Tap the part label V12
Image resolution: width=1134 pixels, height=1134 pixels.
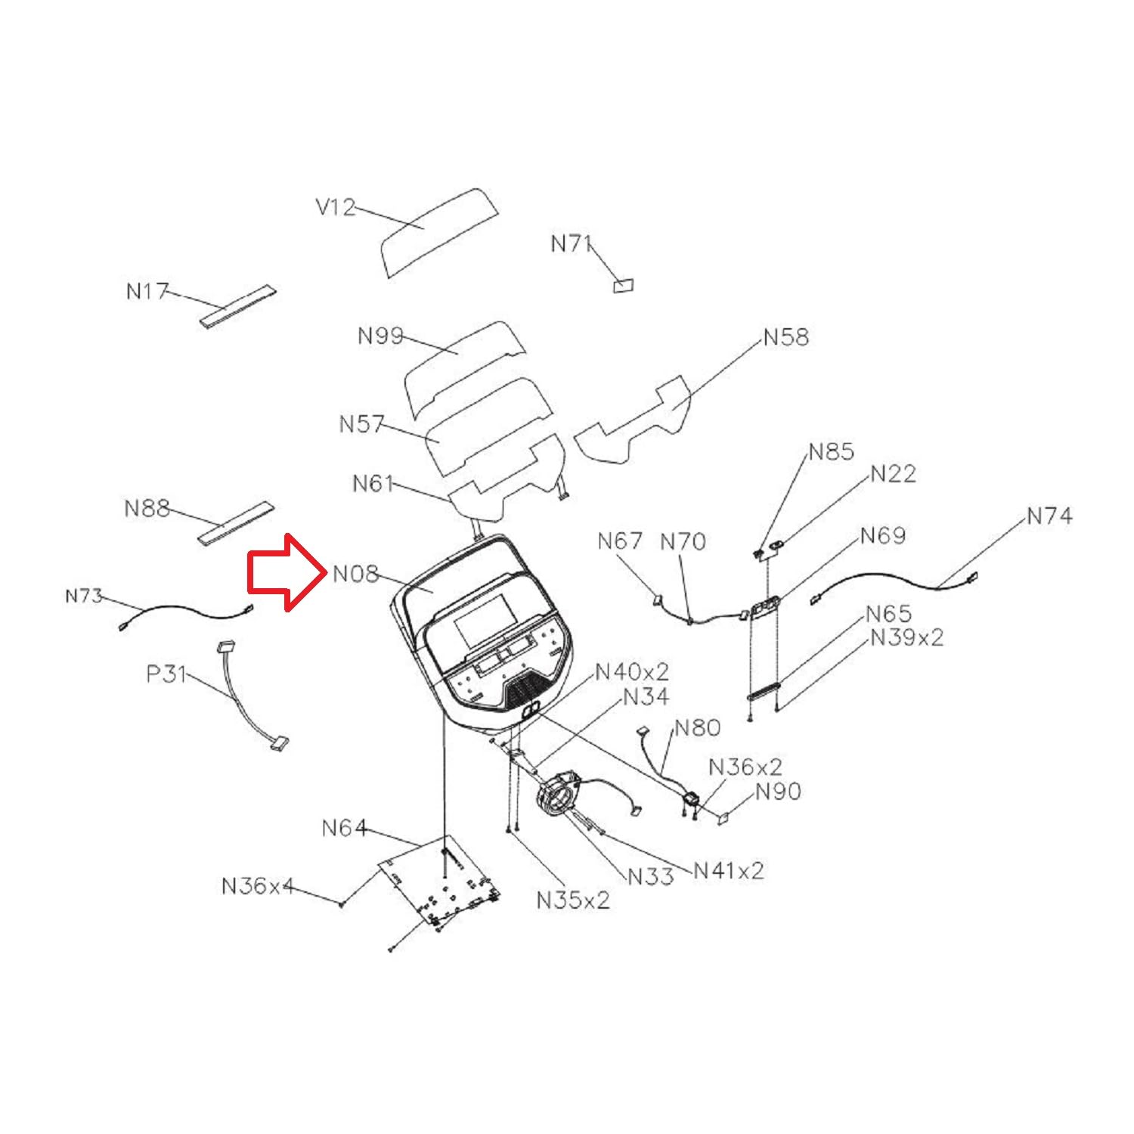[335, 207]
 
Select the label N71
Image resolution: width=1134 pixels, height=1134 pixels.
[570, 243]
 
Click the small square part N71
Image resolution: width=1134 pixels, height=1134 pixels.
[623, 286]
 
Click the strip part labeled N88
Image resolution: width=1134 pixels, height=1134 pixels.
[236, 522]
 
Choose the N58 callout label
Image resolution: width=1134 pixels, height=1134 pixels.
[785, 336]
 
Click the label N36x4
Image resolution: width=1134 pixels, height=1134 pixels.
[257, 885]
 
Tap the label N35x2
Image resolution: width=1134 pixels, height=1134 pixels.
[572, 900]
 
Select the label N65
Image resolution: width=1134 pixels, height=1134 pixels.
[888, 613]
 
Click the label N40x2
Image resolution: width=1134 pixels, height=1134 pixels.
[632, 671]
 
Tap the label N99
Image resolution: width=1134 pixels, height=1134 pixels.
[380, 336]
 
